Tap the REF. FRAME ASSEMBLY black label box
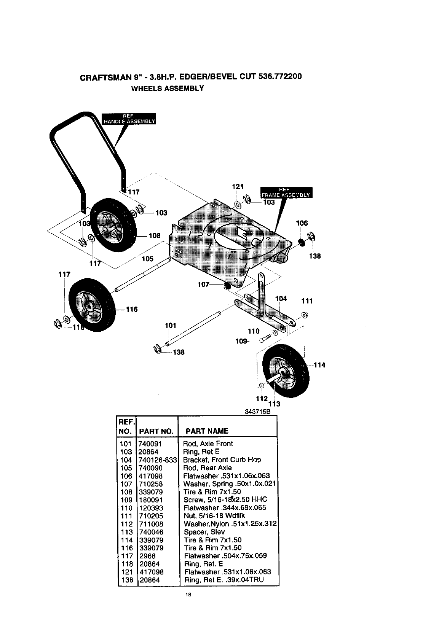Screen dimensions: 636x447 point(286,192)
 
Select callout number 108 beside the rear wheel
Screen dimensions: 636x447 point(155,236)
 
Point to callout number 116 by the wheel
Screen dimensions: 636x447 point(131,309)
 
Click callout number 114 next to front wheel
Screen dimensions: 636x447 point(319,366)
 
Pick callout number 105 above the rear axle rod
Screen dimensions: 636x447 point(147,259)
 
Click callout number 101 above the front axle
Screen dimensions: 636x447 point(171,325)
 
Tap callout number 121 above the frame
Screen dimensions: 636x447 point(238,186)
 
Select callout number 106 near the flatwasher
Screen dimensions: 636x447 point(302,223)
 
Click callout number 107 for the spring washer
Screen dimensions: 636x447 point(204,285)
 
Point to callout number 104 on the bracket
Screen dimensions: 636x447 point(281,299)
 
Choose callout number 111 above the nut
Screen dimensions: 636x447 point(307,301)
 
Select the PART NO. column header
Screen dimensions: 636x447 point(156,431)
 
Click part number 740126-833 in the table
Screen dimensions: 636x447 point(157,460)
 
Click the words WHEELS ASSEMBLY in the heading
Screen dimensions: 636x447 point(168,88)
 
